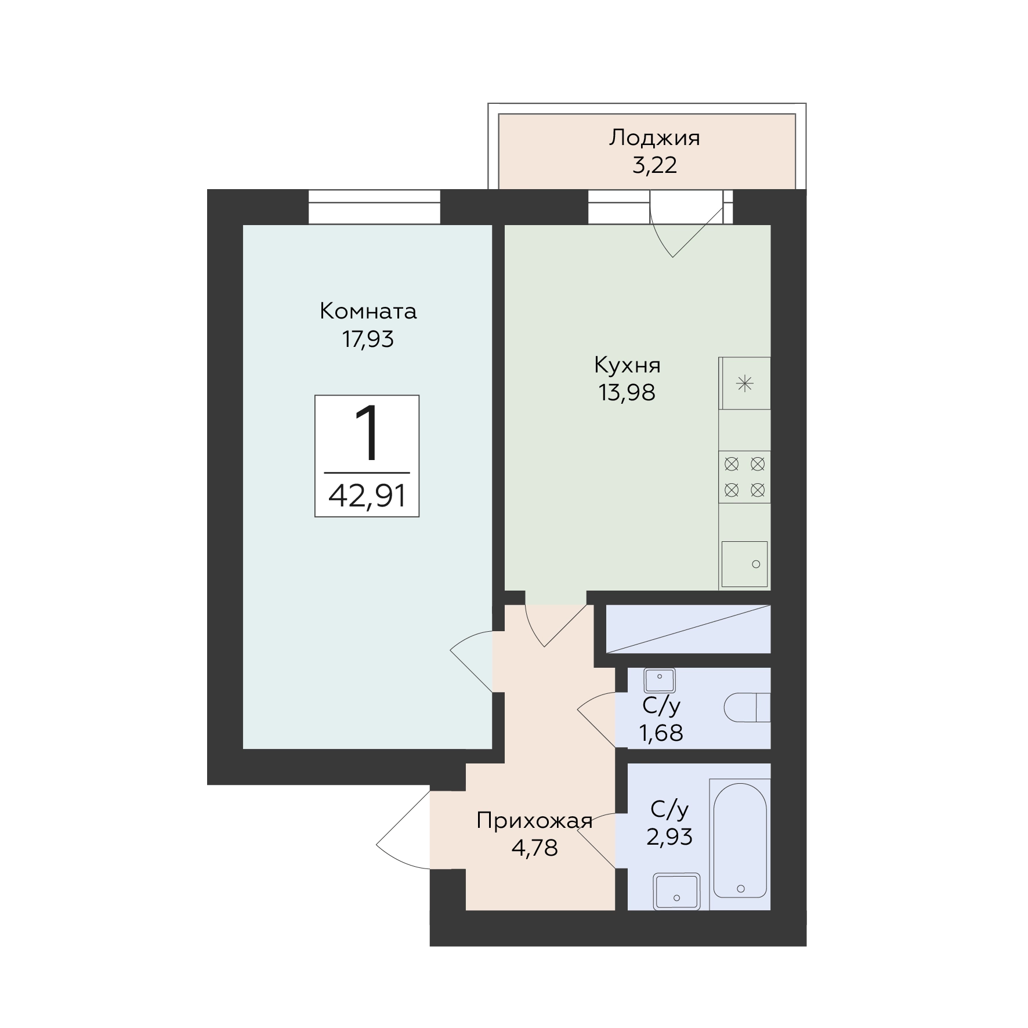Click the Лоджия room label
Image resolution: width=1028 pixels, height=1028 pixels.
point(654,139)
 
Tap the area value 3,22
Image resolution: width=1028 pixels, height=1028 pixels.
point(654,166)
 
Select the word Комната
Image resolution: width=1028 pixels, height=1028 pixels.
point(368,312)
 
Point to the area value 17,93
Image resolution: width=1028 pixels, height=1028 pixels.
point(368,339)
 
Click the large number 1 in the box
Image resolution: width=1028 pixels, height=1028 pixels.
point(367,433)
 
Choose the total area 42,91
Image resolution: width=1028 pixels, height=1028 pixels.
point(367,496)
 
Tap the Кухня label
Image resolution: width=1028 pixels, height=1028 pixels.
point(627,365)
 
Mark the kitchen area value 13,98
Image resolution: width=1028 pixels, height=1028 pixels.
point(627,393)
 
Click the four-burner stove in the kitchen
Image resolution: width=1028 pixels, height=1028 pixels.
point(745,477)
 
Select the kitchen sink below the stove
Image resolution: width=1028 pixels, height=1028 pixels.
point(744,564)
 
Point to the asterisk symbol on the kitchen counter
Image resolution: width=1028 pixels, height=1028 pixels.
point(745,383)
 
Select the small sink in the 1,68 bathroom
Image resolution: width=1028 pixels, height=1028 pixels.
point(660,680)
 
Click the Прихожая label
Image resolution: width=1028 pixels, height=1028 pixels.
point(534,821)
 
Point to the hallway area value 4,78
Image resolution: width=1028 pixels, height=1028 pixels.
point(534,849)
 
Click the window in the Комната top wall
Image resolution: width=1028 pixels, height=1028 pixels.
point(374,207)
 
